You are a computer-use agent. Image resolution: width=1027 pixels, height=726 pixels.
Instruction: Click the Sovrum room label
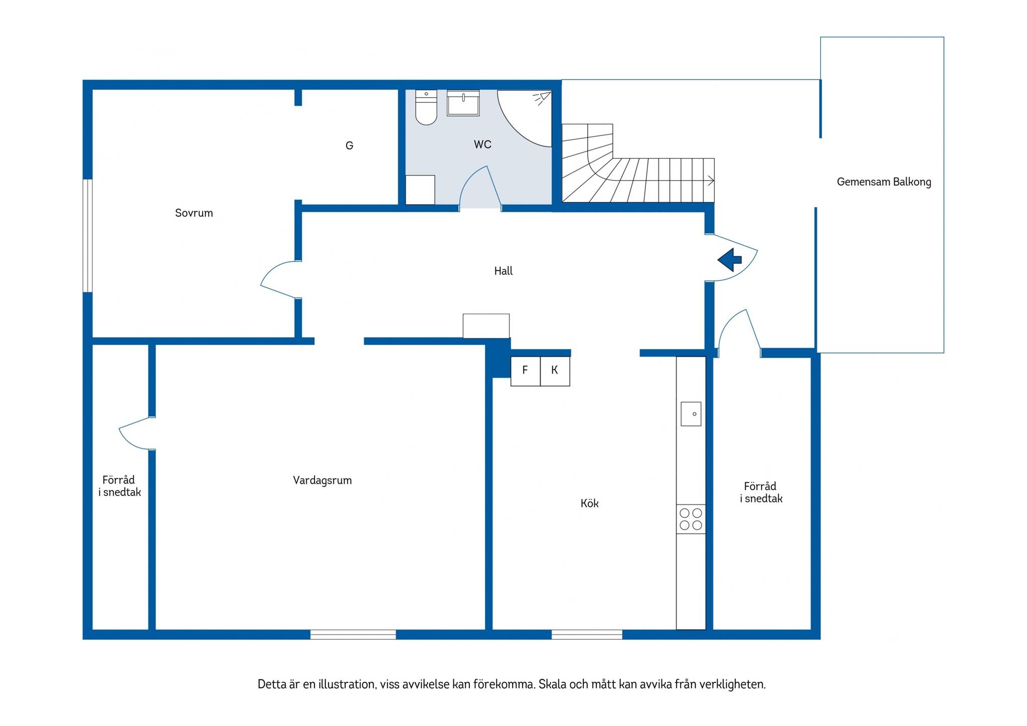pyautogui.click(x=194, y=213)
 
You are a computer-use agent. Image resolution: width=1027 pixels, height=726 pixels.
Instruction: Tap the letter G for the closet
pyautogui.click(x=350, y=145)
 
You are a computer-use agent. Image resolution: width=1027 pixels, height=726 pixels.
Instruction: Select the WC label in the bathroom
pyautogui.click(x=482, y=144)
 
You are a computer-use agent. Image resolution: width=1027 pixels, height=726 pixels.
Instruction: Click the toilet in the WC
pyautogui.click(x=426, y=107)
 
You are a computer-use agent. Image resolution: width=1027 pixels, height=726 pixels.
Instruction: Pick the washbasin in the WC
pyautogui.click(x=463, y=103)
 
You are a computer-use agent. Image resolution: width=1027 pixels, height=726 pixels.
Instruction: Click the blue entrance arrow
pyautogui.click(x=730, y=260)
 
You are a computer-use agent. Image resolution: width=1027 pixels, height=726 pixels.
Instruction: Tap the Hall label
pyautogui.click(x=503, y=271)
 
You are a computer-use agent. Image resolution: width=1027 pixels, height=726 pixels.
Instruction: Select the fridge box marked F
pyautogui.click(x=526, y=371)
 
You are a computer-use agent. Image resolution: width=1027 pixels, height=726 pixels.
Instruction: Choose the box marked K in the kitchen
pyautogui.click(x=555, y=371)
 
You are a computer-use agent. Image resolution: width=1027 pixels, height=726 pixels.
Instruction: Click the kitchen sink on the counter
pyautogui.click(x=691, y=414)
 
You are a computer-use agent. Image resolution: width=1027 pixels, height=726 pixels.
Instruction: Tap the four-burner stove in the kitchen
pyautogui.click(x=691, y=519)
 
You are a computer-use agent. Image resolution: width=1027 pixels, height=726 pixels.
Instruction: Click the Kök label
pyautogui.click(x=590, y=503)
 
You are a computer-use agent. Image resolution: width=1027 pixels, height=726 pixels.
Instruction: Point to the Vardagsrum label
pyautogui.click(x=322, y=480)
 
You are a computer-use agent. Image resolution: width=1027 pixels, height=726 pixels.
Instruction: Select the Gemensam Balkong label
pyautogui.click(x=884, y=182)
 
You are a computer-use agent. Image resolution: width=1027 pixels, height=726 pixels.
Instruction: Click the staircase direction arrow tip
pyautogui.click(x=714, y=180)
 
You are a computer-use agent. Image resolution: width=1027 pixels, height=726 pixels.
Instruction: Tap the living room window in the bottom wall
pyautogui.click(x=353, y=634)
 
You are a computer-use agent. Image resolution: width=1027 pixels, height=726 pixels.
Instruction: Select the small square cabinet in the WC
pyautogui.click(x=420, y=190)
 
